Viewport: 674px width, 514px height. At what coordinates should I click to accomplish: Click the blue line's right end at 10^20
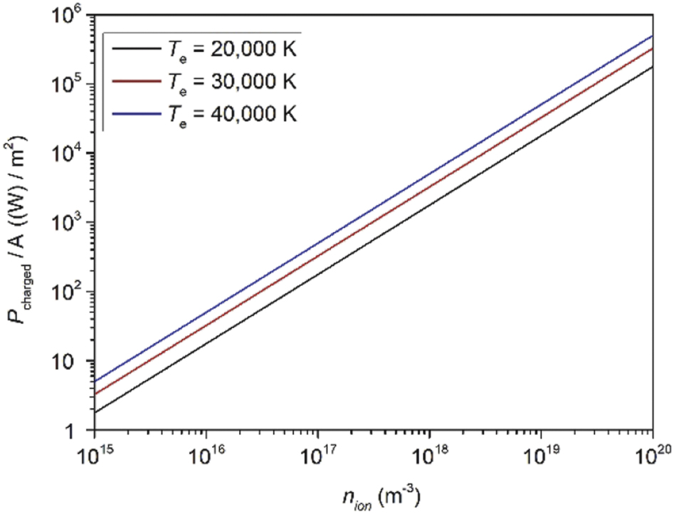(x=652, y=36)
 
